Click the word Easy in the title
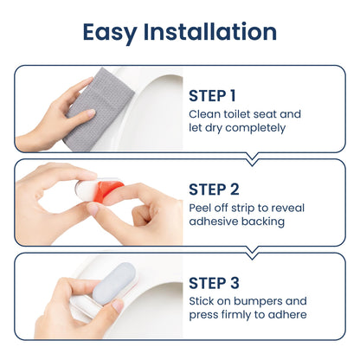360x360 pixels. click(x=112, y=32)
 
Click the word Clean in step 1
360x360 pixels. click(x=203, y=113)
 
